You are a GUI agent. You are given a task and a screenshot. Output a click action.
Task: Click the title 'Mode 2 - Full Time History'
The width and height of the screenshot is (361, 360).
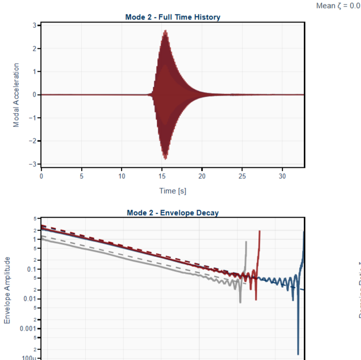[x=173, y=17]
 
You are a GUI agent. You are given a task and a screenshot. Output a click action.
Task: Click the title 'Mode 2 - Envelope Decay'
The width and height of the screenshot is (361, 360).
[x=173, y=213]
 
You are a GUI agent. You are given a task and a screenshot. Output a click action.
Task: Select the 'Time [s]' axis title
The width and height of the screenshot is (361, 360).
[x=173, y=191]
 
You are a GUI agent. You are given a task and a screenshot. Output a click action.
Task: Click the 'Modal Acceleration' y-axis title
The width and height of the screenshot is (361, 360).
[x=16, y=95]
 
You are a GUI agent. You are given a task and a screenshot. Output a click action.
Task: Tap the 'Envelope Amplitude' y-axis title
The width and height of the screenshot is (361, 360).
[x=7, y=290]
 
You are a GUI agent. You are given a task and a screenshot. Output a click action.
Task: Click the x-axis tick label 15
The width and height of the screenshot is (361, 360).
[x=162, y=176]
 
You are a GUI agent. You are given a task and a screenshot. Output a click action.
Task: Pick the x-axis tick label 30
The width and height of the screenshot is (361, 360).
[x=282, y=176]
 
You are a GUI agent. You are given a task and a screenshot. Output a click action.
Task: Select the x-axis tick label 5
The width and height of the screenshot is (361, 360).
[x=81, y=176]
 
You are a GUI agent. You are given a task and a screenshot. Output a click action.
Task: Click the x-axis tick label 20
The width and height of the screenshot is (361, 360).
[x=202, y=176]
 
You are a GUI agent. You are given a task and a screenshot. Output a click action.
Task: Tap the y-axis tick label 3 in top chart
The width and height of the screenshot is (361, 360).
[x=34, y=25]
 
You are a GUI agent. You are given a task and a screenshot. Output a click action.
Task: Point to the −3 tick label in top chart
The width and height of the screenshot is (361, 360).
[x=32, y=164]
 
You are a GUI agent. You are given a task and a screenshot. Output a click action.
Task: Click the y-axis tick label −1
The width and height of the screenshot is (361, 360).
[x=32, y=118]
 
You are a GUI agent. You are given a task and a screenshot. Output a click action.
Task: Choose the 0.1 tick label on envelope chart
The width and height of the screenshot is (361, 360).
[x=30, y=269]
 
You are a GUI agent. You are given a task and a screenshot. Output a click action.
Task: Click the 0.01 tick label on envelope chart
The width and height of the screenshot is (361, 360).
[x=28, y=299]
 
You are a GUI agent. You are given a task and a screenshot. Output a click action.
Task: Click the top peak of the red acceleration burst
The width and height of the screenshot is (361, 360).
[x=165, y=31]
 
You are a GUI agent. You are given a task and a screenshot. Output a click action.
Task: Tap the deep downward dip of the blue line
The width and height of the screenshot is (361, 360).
[x=298, y=353]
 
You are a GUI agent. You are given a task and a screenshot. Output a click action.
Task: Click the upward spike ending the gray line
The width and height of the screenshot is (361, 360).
[x=246, y=242]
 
